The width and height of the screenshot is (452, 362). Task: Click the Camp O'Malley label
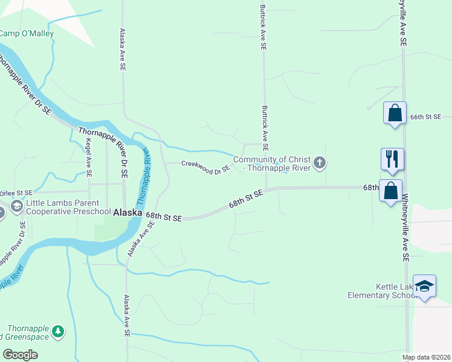pos(27,34)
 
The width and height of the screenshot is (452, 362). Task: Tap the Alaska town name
pos(128,212)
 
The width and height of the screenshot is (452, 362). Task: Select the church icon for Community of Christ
pos(320,163)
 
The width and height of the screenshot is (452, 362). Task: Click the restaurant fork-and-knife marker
pos(392,159)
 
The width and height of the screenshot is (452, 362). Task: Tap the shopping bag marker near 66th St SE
pos(395,113)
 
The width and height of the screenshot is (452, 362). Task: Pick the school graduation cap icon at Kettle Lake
pos(425,287)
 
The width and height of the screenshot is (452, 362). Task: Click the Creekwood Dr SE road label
pos(206,167)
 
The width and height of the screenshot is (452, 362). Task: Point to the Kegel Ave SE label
pos(88,157)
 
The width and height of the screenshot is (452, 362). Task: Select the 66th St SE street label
pos(426,116)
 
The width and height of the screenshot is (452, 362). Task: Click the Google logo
pos(21,355)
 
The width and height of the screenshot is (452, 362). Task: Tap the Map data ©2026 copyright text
pos(427,357)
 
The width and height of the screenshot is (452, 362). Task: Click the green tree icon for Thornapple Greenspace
pos(57,331)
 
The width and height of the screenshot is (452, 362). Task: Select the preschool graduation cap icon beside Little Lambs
pos(16,207)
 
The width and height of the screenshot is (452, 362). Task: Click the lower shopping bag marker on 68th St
pos(391,191)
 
